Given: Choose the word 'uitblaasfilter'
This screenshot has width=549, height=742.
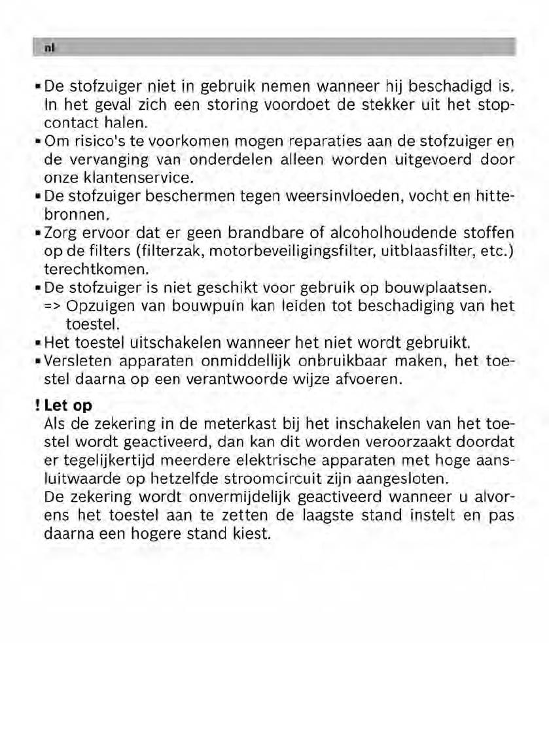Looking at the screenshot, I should click(x=428, y=252).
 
